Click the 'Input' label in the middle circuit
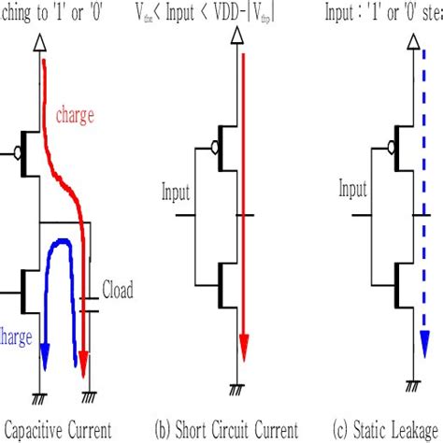(176, 193)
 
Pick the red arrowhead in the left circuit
(86, 360)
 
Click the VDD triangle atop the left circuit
(40, 44)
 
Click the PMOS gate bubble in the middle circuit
(217, 147)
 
